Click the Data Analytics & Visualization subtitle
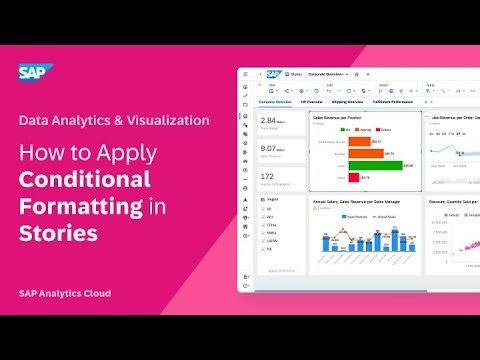(114, 120)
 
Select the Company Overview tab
(275, 102)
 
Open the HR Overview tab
(313, 102)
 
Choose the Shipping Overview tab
(349, 102)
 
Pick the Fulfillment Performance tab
(393, 102)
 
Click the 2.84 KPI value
(268, 119)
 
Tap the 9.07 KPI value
(268, 147)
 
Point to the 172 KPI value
(267, 176)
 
